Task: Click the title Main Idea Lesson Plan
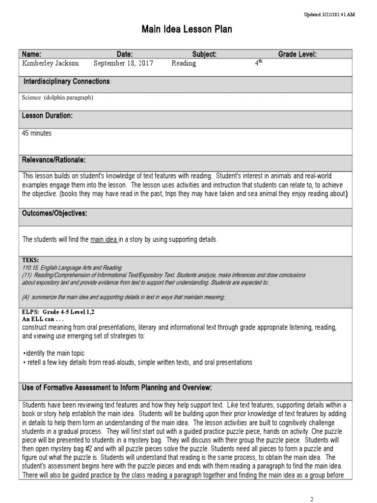click(x=187, y=30)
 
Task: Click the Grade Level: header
click(x=297, y=55)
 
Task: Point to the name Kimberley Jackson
click(x=47, y=63)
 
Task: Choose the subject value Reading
click(x=184, y=63)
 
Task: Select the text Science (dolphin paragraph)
click(x=57, y=97)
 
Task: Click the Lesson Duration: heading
click(x=47, y=115)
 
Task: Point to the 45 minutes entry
click(x=37, y=133)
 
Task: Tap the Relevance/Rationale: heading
click(x=54, y=160)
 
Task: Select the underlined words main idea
click(x=104, y=239)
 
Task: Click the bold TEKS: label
click(x=30, y=260)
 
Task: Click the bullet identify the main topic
click(x=54, y=353)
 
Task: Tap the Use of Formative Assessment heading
click(x=117, y=388)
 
